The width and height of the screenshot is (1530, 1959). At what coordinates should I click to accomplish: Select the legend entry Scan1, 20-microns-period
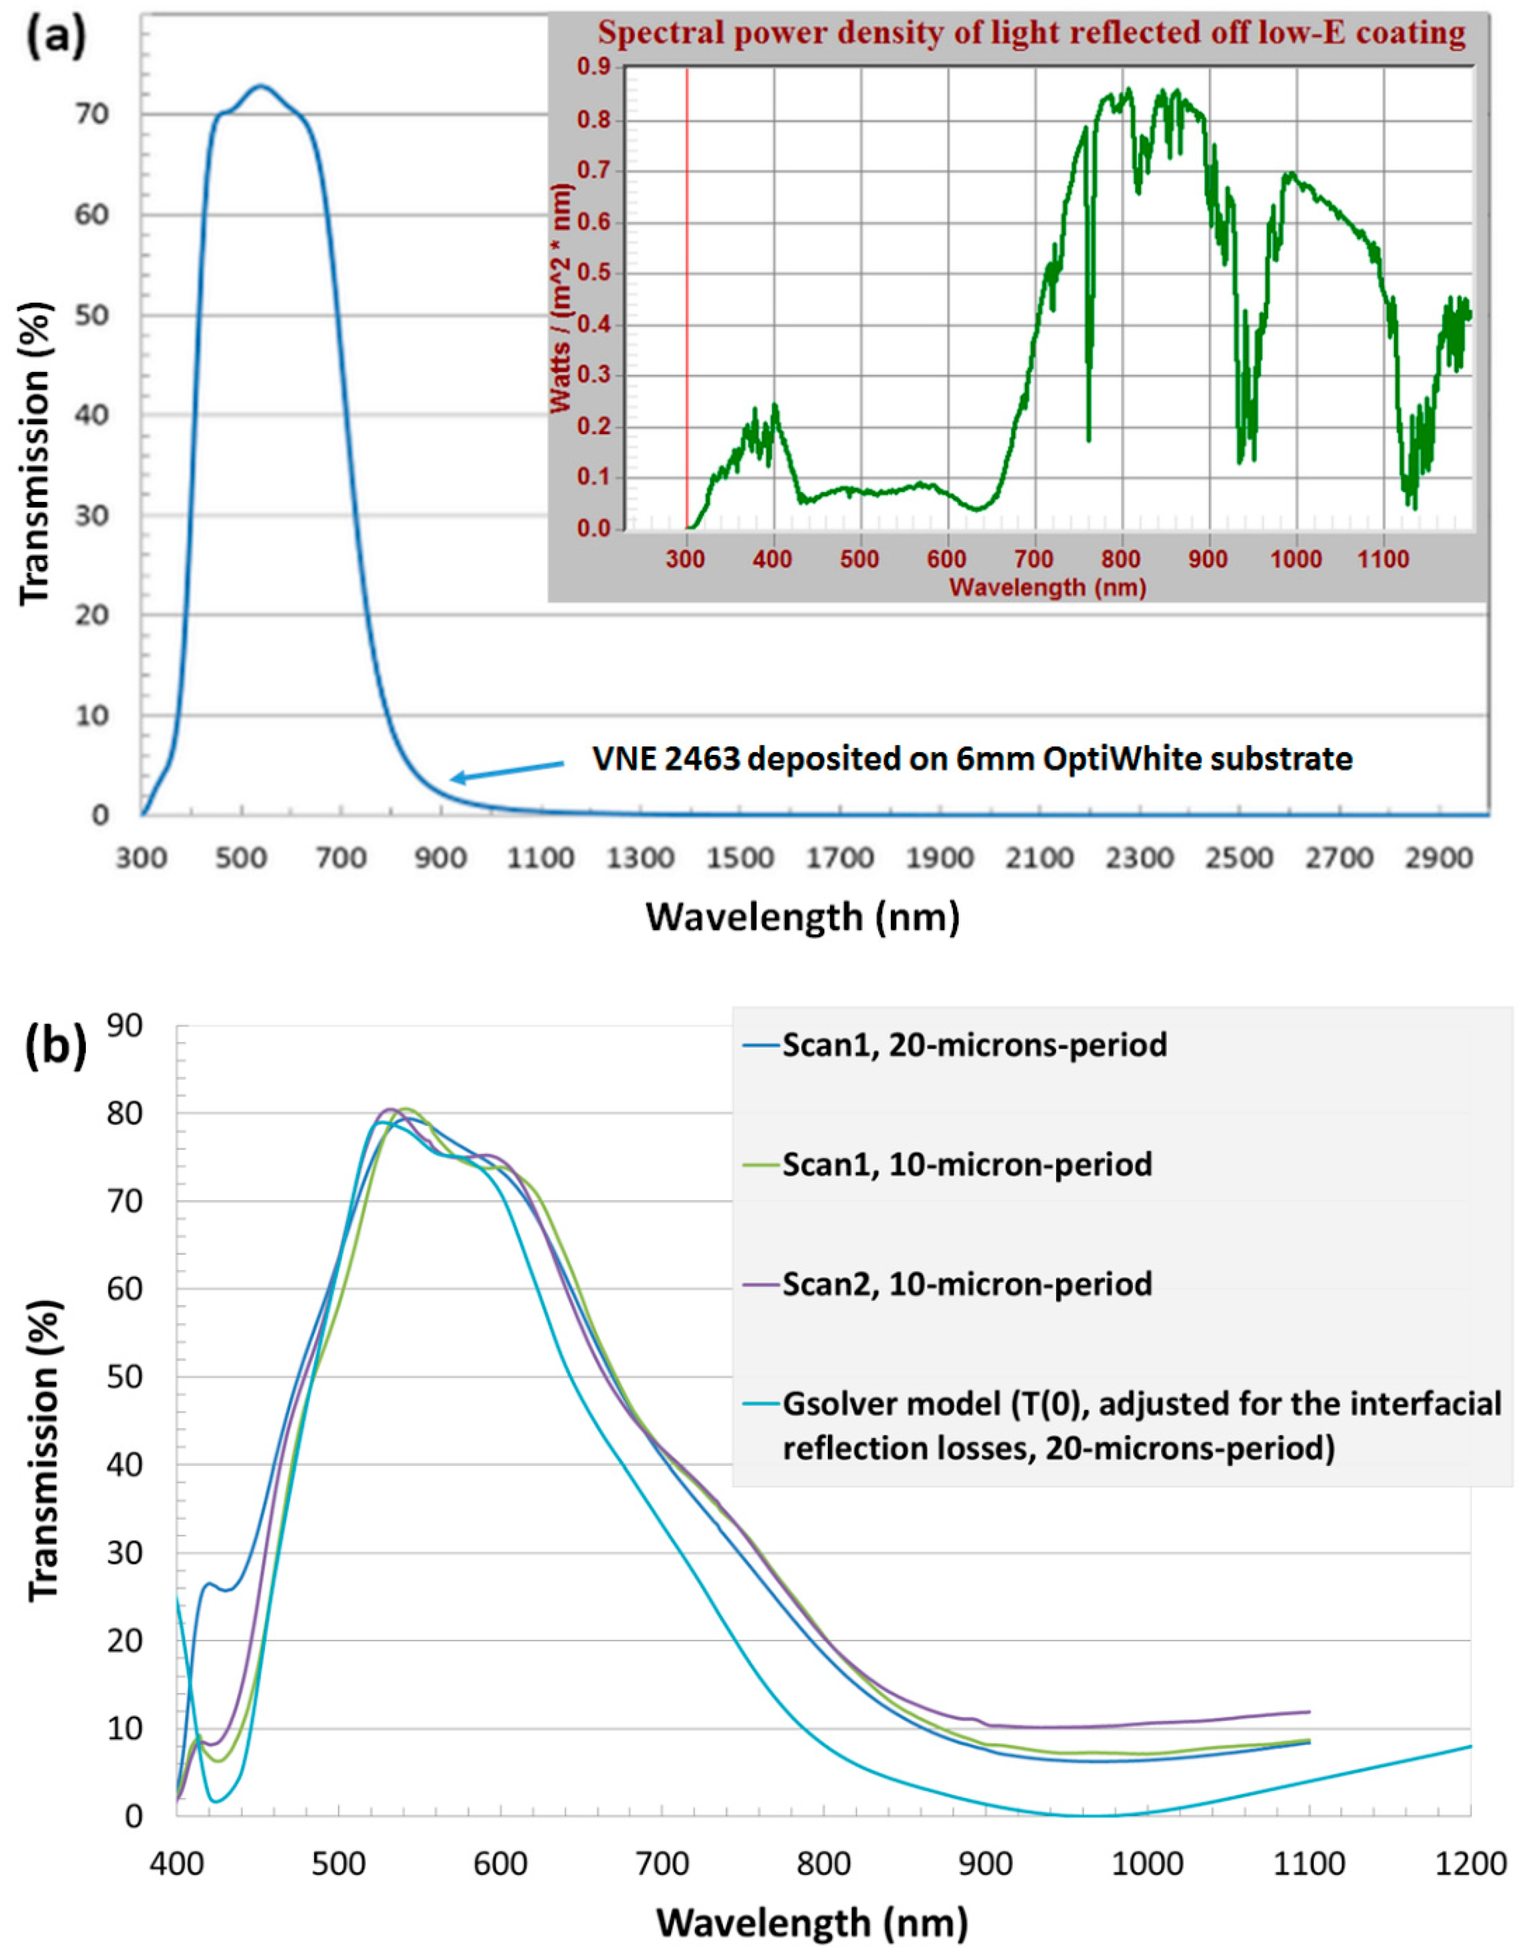[974, 1045]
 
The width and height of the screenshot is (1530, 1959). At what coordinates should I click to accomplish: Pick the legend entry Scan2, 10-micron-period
[967, 1284]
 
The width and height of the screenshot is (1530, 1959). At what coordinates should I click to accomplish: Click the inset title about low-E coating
[1031, 33]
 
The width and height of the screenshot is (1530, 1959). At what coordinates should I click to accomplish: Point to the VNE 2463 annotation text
[972, 759]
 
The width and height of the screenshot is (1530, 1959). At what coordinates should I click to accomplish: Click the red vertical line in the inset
[687, 296]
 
